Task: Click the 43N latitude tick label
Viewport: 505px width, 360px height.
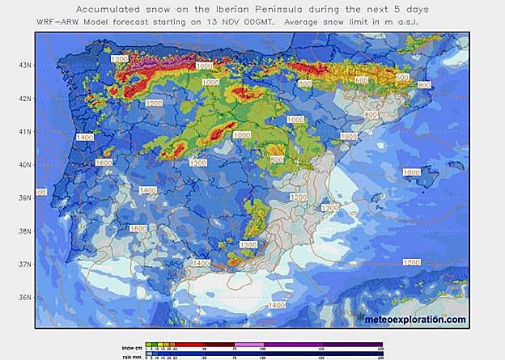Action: point(25,65)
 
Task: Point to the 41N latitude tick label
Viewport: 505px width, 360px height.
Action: point(25,131)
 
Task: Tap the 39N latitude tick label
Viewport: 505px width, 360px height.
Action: point(25,197)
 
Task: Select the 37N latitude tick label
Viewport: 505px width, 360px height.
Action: point(25,264)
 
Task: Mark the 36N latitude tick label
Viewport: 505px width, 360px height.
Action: point(25,297)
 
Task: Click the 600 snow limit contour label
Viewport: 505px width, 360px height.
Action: point(361,79)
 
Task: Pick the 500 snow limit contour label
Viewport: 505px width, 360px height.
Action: point(402,76)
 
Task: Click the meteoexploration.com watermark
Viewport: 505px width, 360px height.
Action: point(415,319)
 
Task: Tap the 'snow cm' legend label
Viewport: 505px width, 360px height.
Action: point(121,346)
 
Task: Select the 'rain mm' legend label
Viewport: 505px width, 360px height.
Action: point(121,354)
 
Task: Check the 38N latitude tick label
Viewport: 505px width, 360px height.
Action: point(25,231)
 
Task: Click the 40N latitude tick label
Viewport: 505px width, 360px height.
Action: point(25,164)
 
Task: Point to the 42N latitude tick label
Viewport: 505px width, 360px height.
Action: point(25,98)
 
